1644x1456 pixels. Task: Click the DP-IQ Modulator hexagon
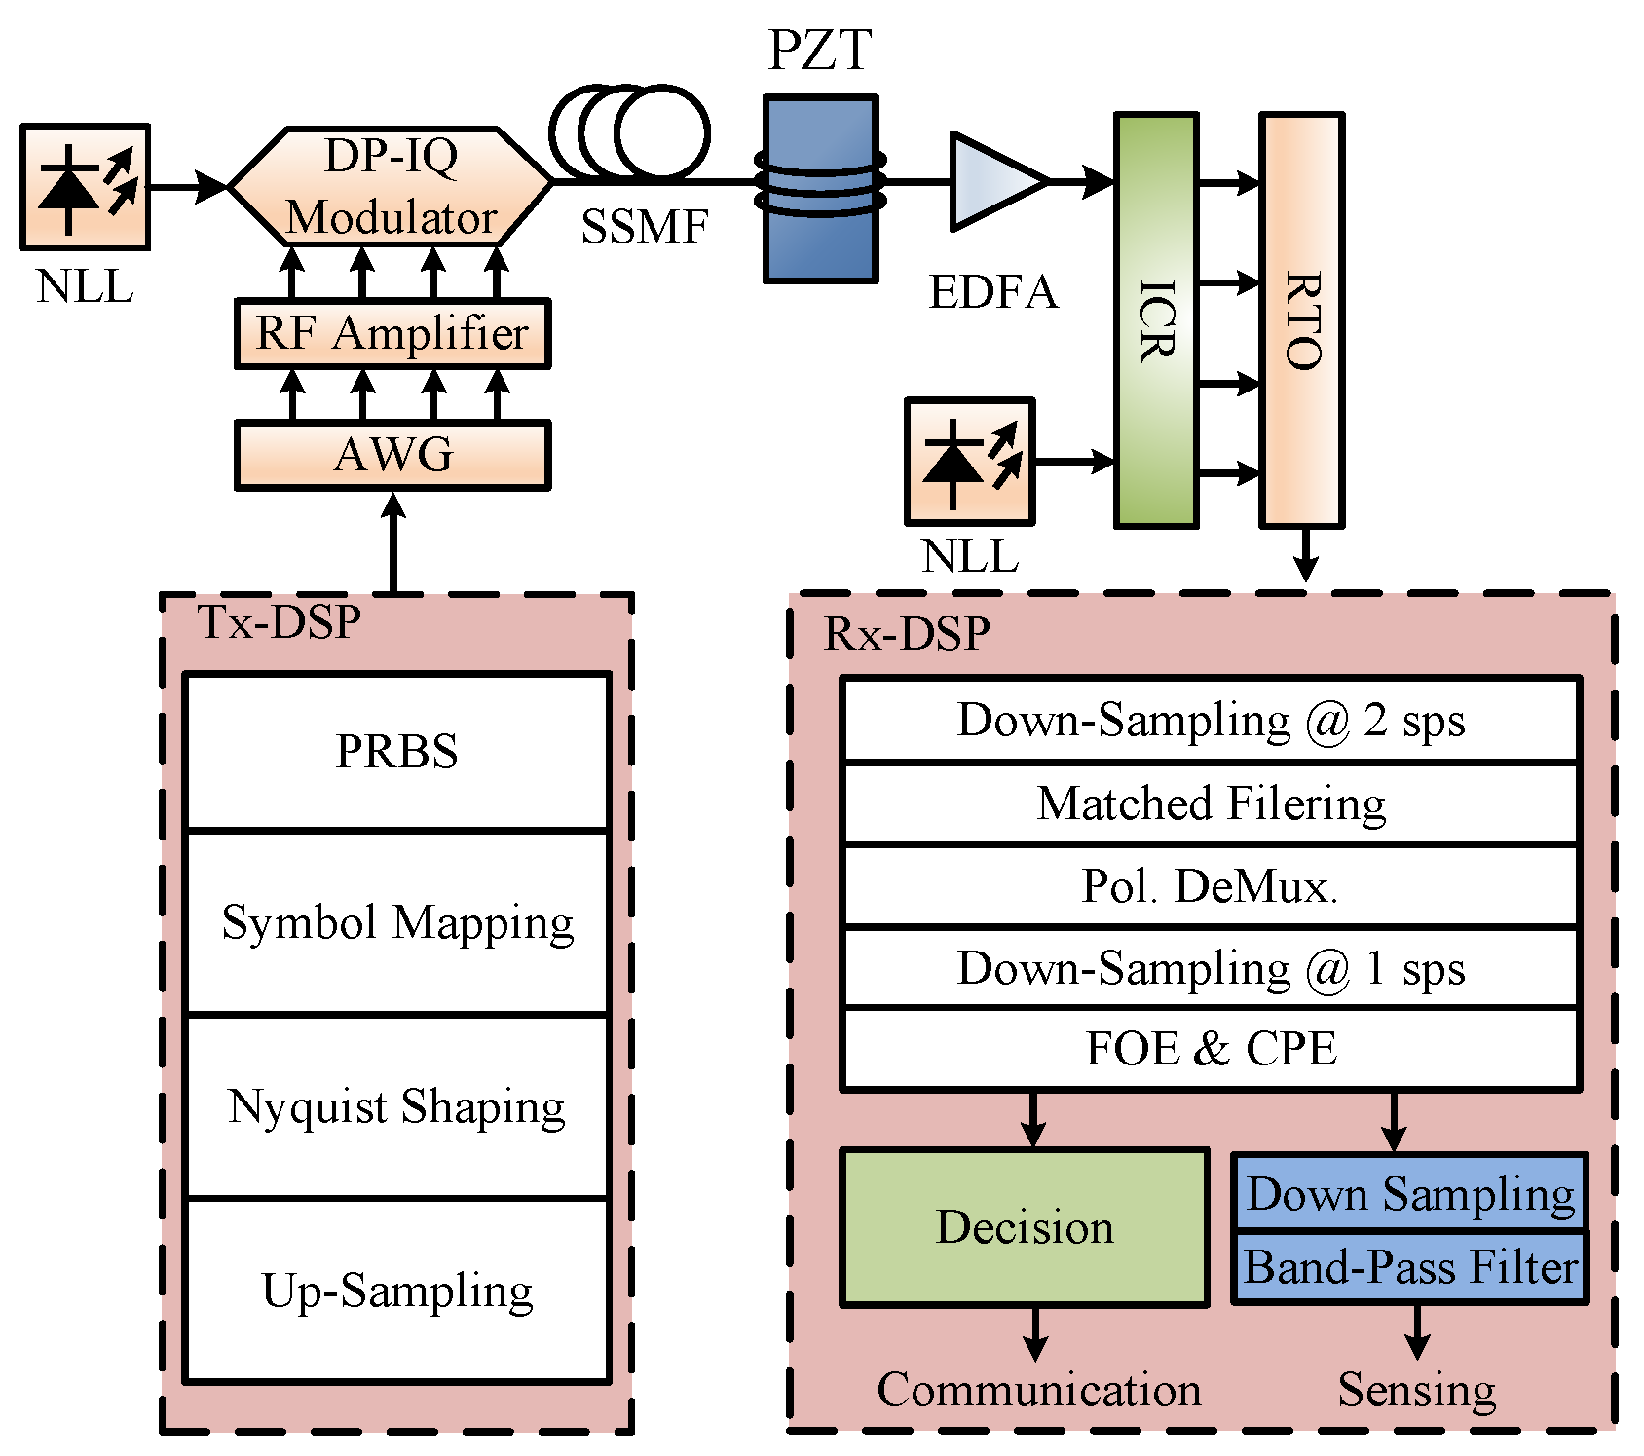click(391, 185)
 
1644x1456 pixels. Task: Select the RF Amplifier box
click(392, 334)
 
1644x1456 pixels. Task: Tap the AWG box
click(392, 455)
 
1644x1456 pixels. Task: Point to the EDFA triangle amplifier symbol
click(993, 181)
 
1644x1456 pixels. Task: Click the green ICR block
click(1156, 319)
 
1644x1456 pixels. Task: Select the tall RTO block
click(1302, 319)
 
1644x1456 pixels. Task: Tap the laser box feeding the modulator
click(85, 186)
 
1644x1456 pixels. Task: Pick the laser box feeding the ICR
click(969, 461)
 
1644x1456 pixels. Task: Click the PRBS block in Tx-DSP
click(396, 751)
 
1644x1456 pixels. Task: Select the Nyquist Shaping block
click(396, 1106)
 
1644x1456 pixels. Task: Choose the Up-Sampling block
click(396, 1290)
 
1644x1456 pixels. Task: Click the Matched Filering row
click(1210, 803)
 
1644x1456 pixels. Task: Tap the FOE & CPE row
click(1210, 1049)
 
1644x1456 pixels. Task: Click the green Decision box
click(1025, 1227)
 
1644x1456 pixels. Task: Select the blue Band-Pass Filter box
click(1410, 1267)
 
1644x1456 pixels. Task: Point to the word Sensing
click(1416, 1390)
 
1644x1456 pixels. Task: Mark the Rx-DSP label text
click(907, 634)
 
